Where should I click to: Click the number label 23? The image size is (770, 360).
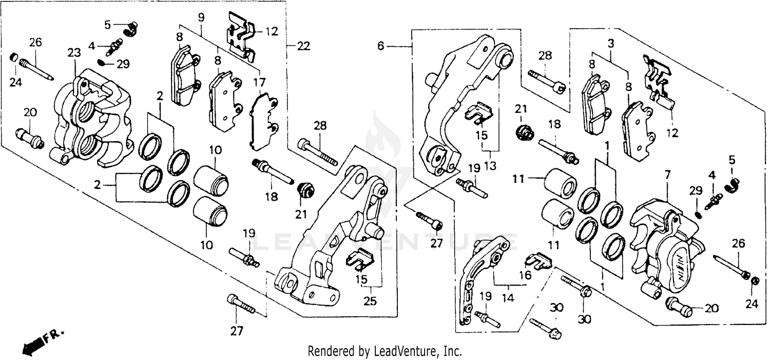pos(74,53)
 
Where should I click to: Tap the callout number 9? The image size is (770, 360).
pos(201,16)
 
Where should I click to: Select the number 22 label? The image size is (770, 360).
pos(303,46)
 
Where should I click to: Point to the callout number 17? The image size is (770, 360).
pos(259,81)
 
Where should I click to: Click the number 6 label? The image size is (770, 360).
pos(380,46)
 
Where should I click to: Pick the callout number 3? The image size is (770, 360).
pos(610,44)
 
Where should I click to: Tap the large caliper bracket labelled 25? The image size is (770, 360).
pos(334,241)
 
